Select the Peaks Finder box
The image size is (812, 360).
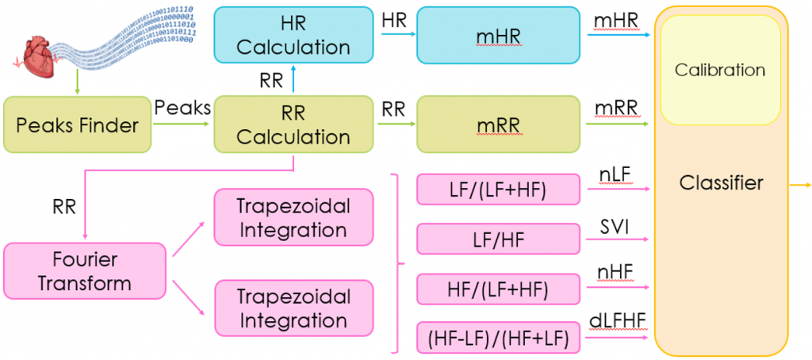coord(77,124)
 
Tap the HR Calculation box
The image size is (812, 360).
coord(294,35)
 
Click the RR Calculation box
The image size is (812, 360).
coord(294,124)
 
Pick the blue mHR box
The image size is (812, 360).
coord(498,35)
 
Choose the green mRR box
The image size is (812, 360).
coord(498,124)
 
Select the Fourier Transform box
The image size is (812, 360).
coord(84,271)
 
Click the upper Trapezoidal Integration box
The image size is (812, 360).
coord(293,217)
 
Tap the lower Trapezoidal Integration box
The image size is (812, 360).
coord(293,308)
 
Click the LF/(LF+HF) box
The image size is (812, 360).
coord(498,190)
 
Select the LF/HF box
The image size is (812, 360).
coord(498,239)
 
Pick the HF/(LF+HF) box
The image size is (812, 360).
coord(498,289)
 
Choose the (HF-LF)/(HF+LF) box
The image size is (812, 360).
coord(498,339)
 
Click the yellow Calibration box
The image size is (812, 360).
coord(719,70)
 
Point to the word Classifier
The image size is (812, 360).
coord(721,182)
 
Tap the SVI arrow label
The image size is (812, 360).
coord(615,227)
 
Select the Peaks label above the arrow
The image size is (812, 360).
coord(183,109)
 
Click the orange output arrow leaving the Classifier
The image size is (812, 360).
coord(799,186)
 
